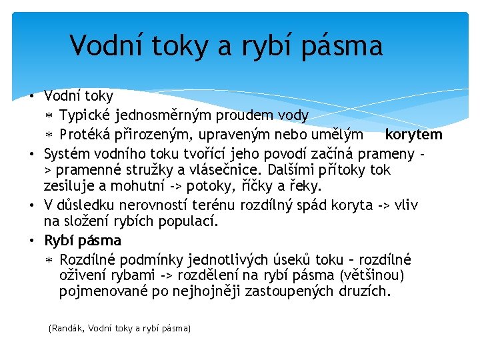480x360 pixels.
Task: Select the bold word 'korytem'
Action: (413, 135)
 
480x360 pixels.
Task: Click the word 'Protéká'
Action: (87, 135)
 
